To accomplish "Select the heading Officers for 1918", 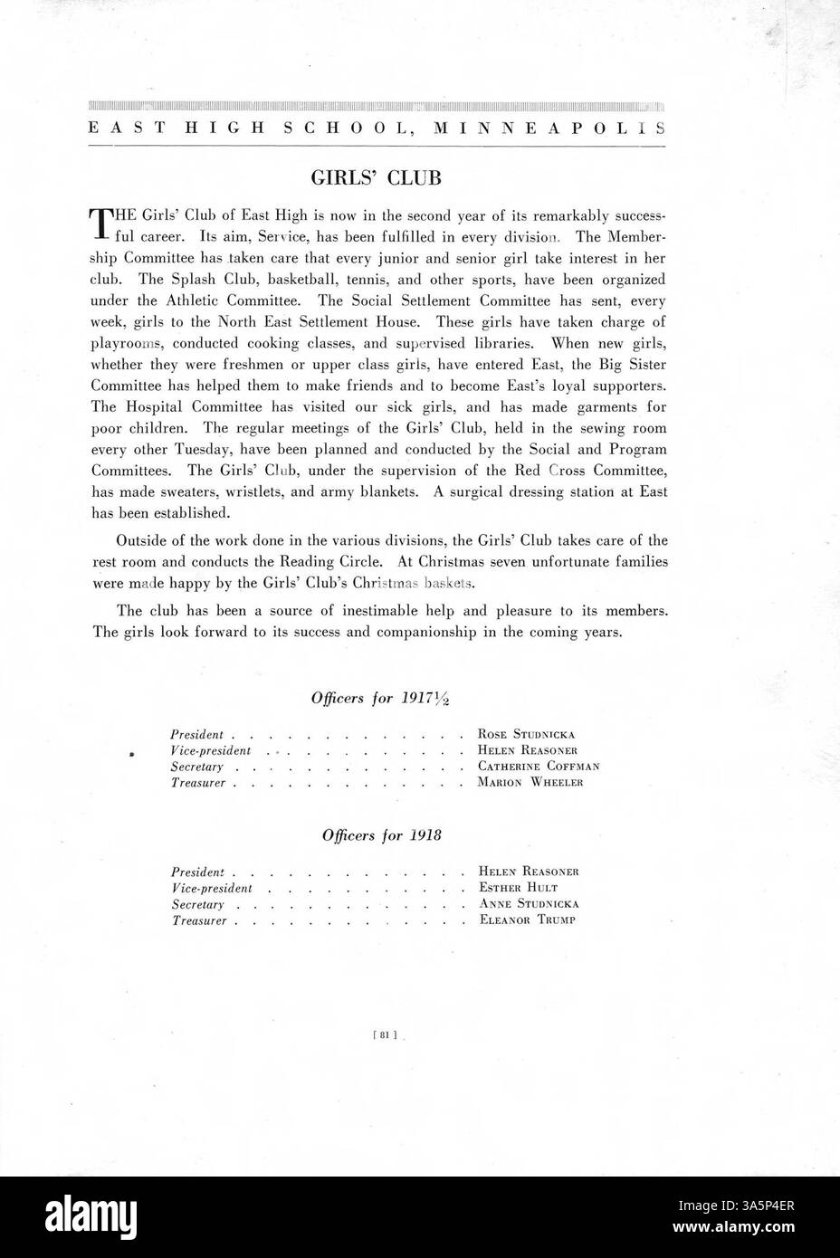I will tap(381, 835).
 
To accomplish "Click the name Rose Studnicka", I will tap(526, 734).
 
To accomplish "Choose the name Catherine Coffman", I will tap(539, 767).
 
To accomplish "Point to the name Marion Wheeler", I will tap(530, 782).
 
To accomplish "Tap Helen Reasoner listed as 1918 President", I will tap(529, 872).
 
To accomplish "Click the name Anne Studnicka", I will tap(529, 903).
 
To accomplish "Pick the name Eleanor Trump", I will tap(527, 920).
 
